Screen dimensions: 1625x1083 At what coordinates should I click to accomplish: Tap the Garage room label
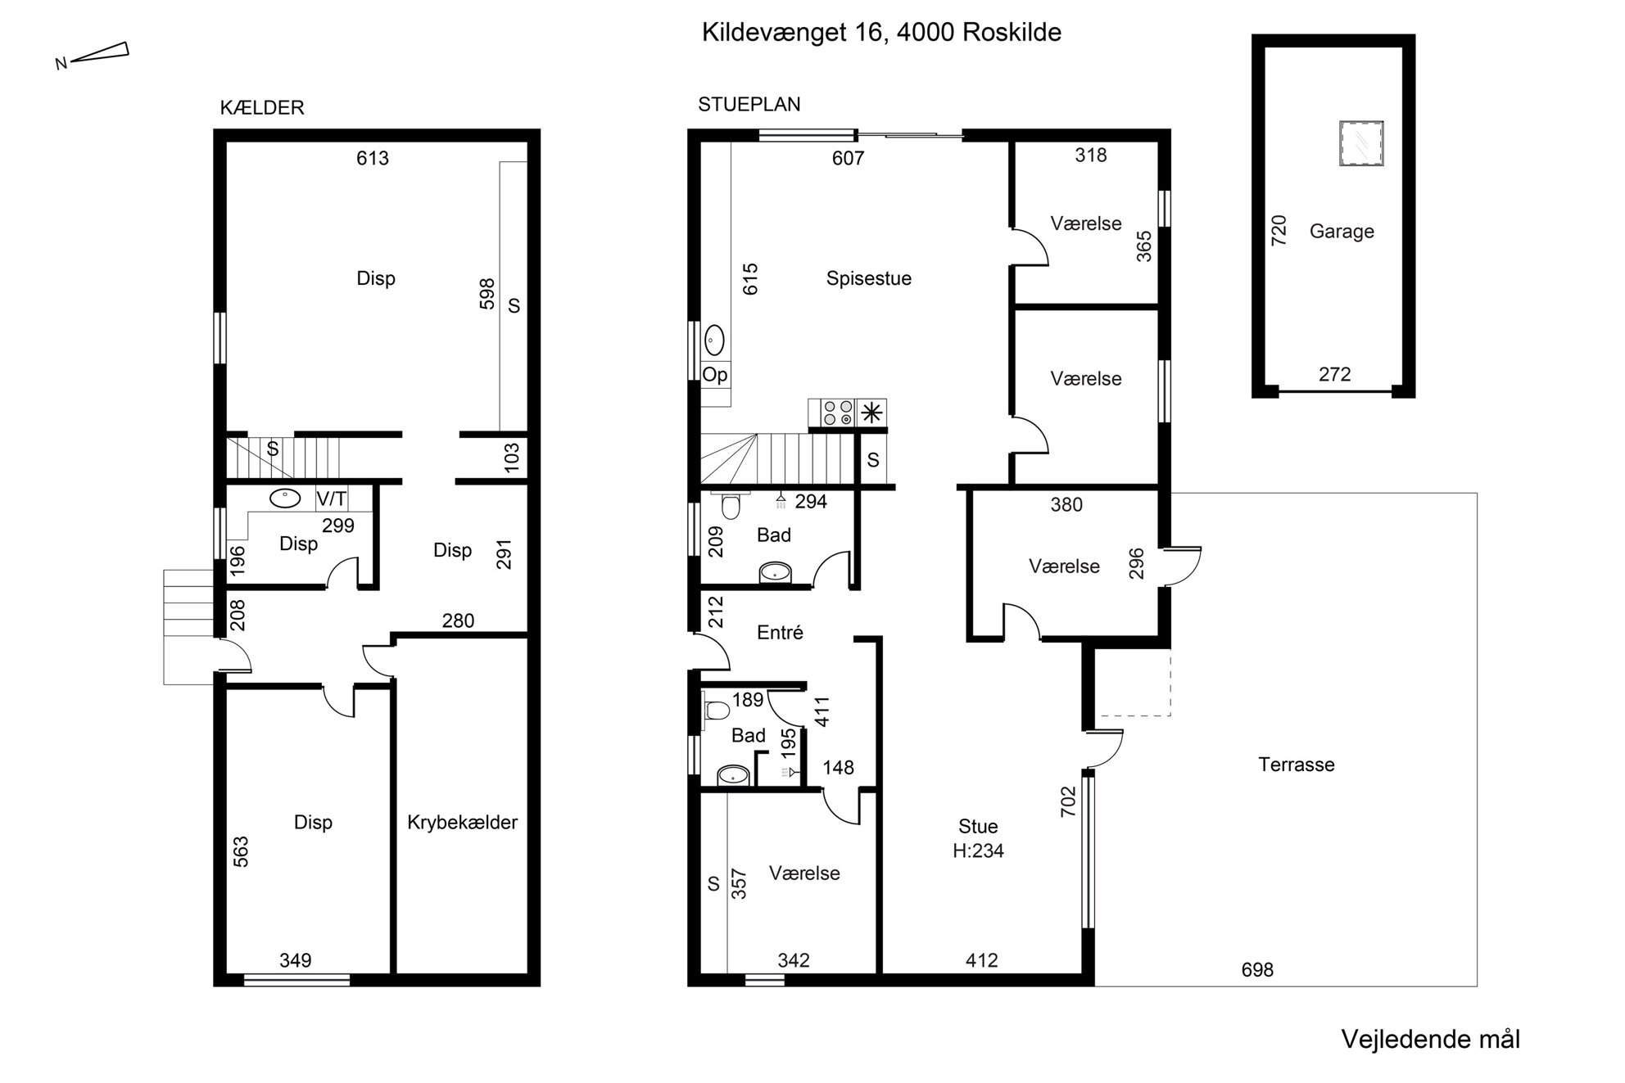pos(1342,232)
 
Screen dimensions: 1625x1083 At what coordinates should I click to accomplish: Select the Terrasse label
pos(1297,765)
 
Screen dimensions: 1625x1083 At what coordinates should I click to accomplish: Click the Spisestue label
pos(868,278)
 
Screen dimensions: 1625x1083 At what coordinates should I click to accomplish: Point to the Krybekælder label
pos(462,822)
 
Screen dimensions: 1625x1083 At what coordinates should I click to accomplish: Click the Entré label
pos(780,632)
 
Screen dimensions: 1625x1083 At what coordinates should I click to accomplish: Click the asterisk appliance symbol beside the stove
pos(871,413)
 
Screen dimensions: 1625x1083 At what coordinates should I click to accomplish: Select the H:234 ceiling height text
pos(978,851)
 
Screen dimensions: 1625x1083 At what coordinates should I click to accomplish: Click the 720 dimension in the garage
pos(1279,230)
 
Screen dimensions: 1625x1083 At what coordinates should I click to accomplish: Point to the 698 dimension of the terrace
pos(1257,970)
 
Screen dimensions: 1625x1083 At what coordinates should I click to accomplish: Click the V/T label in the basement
pos(332,499)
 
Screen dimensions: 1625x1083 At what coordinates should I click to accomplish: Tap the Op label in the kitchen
pos(715,375)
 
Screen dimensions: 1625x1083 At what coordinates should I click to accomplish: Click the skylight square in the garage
pos(1360,143)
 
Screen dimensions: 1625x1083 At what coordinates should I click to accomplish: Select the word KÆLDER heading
pos(262,108)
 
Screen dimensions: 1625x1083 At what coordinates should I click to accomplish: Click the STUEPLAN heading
pos(749,105)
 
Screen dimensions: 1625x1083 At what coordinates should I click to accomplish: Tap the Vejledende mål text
pos(1430,1040)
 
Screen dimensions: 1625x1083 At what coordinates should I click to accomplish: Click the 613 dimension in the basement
pos(373,158)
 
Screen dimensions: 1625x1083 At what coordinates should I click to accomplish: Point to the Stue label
pos(978,827)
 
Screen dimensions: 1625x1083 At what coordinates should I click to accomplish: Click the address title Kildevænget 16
pos(794,33)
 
